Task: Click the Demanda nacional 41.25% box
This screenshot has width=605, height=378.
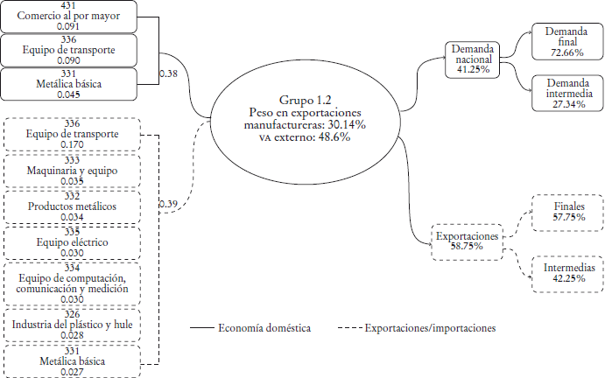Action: tap(474, 58)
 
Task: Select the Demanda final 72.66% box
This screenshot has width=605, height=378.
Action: tap(561, 40)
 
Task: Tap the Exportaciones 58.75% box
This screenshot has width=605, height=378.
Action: tap(467, 241)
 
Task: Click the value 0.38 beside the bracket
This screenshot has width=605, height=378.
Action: tap(170, 73)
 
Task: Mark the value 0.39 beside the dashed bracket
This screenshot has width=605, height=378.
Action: tap(169, 205)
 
